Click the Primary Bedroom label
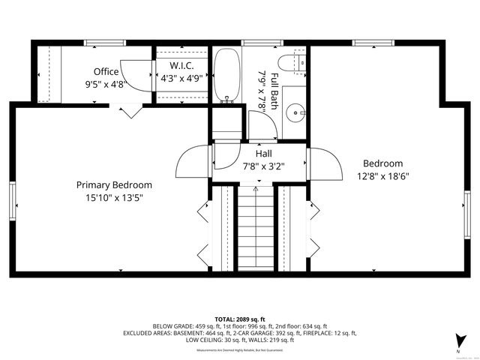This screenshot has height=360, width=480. (114, 184)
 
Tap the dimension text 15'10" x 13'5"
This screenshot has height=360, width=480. (114, 198)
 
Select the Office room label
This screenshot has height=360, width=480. (106, 72)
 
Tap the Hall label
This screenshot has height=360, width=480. (263, 153)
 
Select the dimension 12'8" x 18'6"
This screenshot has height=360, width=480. (382, 177)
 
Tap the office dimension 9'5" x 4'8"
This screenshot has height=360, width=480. (106, 85)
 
